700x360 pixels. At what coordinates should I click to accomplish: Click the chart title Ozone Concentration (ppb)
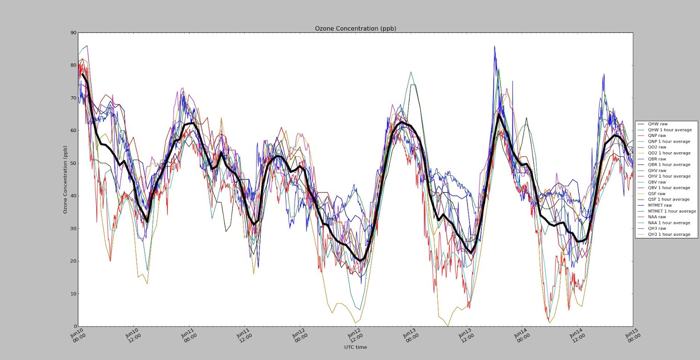coord(355,28)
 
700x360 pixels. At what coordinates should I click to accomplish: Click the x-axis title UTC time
coord(355,347)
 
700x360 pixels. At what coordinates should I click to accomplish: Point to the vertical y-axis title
coord(65,179)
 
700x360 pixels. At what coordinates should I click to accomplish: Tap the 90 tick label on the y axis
coord(73,33)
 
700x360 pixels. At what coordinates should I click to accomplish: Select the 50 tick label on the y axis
coord(73,163)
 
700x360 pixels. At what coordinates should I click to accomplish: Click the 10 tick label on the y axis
coord(73,294)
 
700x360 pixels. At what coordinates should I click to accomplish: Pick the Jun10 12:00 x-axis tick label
coord(133,336)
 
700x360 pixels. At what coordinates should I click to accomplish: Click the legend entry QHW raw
coord(658,124)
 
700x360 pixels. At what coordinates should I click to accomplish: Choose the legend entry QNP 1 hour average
coord(669,142)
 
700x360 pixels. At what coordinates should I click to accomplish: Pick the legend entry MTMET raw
coord(660,205)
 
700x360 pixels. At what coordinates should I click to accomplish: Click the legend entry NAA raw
coord(657,217)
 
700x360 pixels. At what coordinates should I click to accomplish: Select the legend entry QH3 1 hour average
coord(669,234)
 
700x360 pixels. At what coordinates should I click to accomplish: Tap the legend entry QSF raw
coord(657,194)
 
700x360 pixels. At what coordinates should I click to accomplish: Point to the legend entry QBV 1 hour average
coord(669,188)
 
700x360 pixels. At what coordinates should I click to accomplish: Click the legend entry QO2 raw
coord(657,147)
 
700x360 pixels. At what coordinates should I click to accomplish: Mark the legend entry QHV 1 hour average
coord(669,176)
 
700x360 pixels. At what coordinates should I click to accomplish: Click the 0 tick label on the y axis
coord(74,326)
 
